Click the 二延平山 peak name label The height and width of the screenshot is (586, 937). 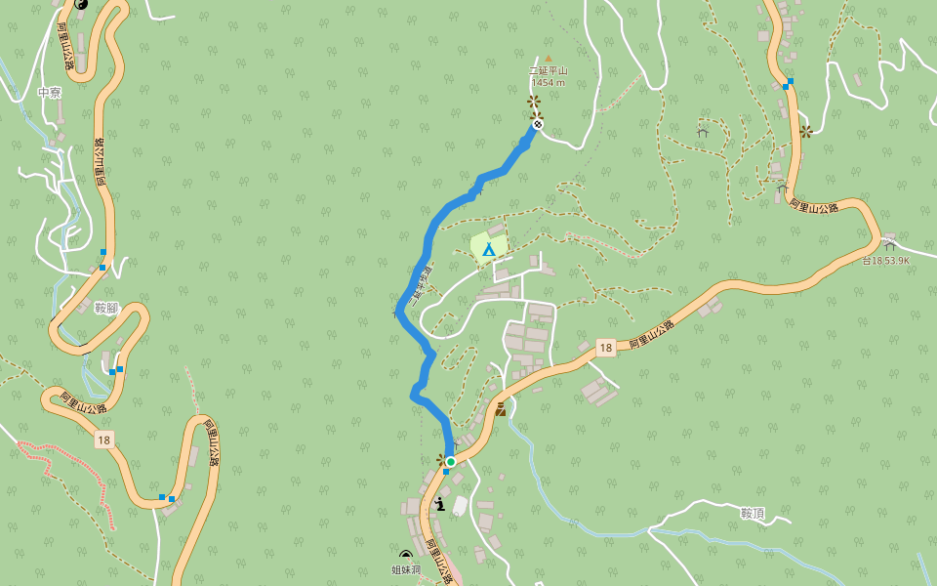point(548,70)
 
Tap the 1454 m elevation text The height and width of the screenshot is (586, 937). point(548,82)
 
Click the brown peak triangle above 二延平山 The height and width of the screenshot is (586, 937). point(548,58)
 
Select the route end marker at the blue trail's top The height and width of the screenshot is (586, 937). point(537,124)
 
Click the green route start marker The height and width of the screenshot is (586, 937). point(451,461)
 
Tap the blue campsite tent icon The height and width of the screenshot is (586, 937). point(488,250)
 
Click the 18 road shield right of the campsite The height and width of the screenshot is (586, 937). point(606,348)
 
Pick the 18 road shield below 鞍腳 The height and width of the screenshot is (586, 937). point(103,440)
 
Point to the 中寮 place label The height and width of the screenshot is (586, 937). point(50,93)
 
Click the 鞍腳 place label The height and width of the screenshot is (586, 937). point(105,309)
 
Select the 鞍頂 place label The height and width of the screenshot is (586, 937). point(752,513)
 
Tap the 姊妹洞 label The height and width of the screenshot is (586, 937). point(406,569)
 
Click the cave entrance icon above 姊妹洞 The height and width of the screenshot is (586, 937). point(406,556)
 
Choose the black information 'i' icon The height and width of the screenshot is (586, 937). point(440,504)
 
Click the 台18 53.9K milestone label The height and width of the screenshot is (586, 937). point(885,261)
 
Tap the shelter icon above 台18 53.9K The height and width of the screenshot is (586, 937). point(888,243)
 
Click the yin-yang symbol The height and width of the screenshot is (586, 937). point(81,3)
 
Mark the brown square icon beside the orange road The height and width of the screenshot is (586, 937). point(501,409)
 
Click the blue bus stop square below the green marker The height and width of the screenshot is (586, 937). point(446,472)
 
